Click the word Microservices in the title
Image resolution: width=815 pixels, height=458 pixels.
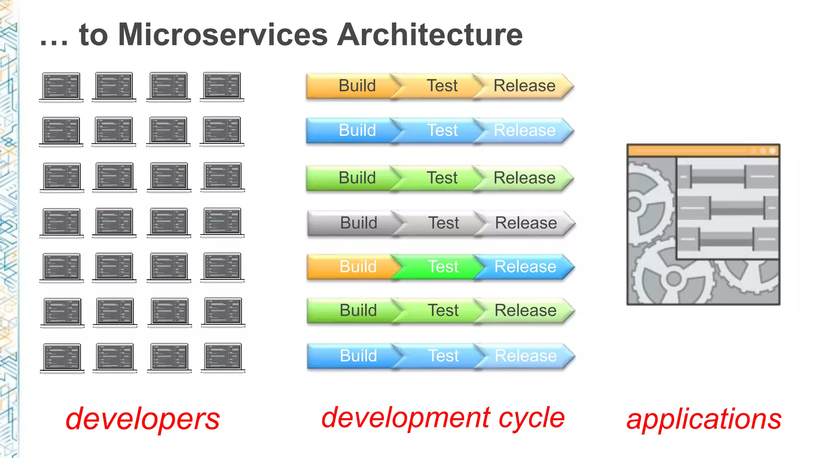(x=223, y=35)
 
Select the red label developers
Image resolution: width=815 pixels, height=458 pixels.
(x=142, y=419)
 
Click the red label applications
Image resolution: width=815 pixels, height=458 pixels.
(x=704, y=419)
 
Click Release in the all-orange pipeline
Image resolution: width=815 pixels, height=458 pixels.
(x=524, y=86)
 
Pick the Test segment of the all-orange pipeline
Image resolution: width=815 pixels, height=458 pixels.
(x=442, y=86)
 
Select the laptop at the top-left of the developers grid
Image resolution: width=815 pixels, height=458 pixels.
(x=61, y=87)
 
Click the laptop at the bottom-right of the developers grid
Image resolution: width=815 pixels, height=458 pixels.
(x=223, y=357)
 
